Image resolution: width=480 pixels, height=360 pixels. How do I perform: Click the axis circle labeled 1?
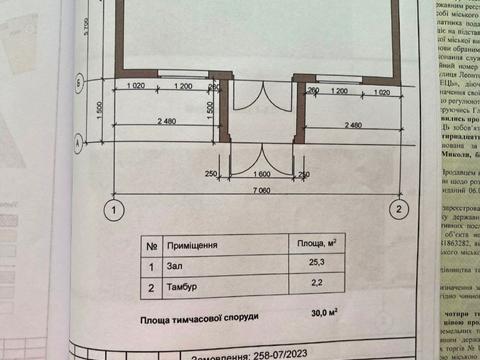tap(116, 210)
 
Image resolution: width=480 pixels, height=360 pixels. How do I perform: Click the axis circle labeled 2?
tap(398, 210)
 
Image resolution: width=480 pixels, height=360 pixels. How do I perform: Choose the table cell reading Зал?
tap(174, 267)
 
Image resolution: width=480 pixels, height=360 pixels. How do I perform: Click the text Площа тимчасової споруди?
tap(198, 317)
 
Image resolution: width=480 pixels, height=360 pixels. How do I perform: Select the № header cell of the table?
tap(149, 245)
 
